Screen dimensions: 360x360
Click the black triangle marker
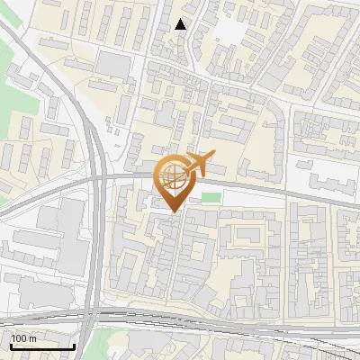pos(181,24)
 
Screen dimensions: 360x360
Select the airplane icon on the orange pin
pos(197,165)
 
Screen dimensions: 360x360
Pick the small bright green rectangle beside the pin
pos(210,197)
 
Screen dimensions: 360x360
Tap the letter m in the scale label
pos(32,338)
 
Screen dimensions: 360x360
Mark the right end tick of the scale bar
pos(74,346)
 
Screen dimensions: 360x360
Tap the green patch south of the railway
pos(117,343)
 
